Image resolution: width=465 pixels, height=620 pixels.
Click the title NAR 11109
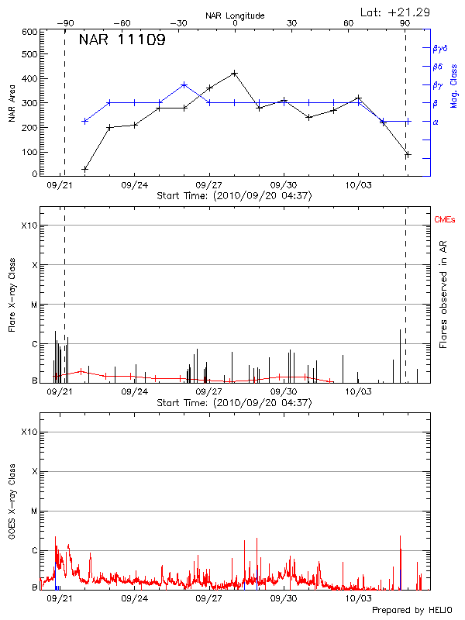122,40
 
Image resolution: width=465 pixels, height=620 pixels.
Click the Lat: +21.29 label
396,11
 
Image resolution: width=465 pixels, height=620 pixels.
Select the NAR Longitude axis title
235,15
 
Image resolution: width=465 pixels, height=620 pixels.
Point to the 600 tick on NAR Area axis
30,32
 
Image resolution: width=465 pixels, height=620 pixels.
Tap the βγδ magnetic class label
439,47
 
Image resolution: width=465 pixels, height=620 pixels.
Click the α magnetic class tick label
435,122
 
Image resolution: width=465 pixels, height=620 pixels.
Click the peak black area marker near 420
234,73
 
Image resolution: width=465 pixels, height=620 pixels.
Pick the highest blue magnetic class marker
184,84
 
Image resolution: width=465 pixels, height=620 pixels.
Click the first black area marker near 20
85,169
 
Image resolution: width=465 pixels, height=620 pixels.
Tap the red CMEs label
446,221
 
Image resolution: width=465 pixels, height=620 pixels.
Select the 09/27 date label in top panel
209,186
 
